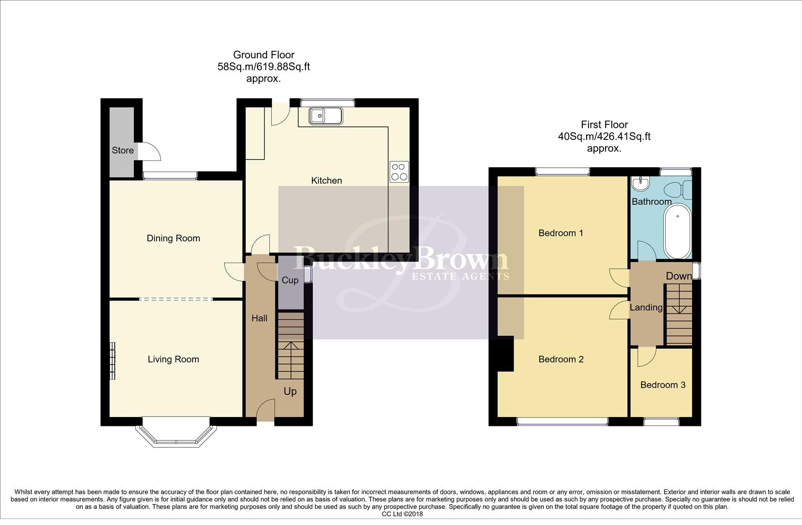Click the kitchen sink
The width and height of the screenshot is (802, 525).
326,116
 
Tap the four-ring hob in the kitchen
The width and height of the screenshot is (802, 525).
399,171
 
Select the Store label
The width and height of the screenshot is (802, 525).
123,150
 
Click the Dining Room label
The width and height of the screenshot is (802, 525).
173,238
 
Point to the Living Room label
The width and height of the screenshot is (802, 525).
173,359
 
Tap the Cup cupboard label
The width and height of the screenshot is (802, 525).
290,280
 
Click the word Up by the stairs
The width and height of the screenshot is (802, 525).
290,391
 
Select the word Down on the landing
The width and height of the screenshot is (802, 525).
678,276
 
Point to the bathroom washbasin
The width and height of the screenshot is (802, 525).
640,183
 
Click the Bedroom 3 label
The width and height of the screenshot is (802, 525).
662,385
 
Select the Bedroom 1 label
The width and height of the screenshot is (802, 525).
560,233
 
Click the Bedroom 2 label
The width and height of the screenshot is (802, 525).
560,359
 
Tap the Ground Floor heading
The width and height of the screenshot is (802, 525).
264,55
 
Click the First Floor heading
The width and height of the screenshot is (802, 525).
604,124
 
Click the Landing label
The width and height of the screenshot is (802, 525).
646,307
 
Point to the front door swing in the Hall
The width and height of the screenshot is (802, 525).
265,409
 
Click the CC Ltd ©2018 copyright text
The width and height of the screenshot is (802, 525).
402,514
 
